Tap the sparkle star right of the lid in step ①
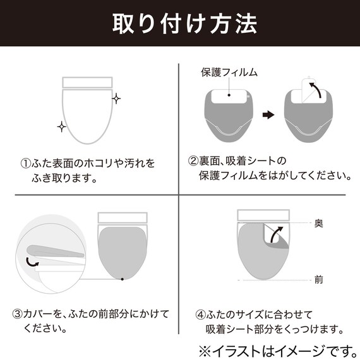point(116,99)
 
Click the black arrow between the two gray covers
point(269,115)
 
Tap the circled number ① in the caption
point(25,164)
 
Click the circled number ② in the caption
point(194,160)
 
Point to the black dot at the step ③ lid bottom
point(121,279)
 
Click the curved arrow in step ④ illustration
point(275,235)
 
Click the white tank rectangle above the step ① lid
point(88,82)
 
